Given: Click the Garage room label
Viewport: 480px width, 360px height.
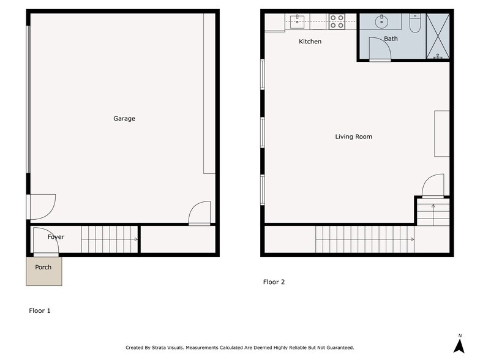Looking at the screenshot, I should click(x=124, y=119).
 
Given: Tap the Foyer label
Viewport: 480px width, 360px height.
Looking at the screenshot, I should click(x=56, y=237).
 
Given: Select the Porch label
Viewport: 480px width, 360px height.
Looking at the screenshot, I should click(x=43, y=268).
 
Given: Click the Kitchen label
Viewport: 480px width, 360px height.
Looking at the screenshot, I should click(x=310, y=42).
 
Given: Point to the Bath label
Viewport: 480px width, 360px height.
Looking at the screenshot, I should click(x=391, y=39).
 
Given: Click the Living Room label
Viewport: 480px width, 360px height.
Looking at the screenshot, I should click(x=353, y=137).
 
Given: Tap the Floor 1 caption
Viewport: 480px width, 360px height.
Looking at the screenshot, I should click(x=40, y=311).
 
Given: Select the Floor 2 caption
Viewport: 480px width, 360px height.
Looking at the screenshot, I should click(x=274, y=282).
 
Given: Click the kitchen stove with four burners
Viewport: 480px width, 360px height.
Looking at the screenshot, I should click(x=337, y=22).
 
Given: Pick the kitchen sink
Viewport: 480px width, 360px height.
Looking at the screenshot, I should click(x=298, y=22).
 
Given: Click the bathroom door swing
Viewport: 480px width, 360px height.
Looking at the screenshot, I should click(x=380, y=51).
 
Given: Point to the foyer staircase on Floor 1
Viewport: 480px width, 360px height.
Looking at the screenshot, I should click(x=110, y=239).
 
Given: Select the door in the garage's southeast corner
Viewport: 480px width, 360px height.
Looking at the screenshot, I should click(x=200, y=214).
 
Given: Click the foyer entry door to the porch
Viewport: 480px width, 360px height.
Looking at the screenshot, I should click(x=47, y=243).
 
